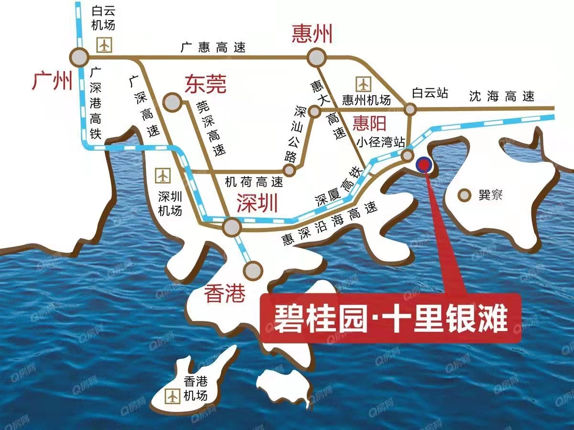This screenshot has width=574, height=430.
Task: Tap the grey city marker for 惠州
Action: point(316,58)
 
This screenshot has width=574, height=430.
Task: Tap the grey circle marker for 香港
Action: point(253,271)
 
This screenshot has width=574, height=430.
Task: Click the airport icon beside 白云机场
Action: point(104,44)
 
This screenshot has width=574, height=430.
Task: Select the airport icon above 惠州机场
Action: point(364,84)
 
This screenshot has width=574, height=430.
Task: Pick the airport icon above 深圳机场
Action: point(164,175)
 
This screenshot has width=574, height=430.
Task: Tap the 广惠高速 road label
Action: point(213,47)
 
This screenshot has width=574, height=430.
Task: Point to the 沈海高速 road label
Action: point(501,96)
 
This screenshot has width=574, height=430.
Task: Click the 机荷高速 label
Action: point(254,182)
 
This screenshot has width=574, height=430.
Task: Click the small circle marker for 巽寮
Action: point(463,195)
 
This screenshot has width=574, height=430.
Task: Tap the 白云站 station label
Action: point(430,93)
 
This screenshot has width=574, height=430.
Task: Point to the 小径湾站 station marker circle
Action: point(407,155)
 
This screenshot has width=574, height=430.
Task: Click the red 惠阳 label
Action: point(369,124)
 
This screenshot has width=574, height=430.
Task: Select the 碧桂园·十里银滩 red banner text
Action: point(390,318)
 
